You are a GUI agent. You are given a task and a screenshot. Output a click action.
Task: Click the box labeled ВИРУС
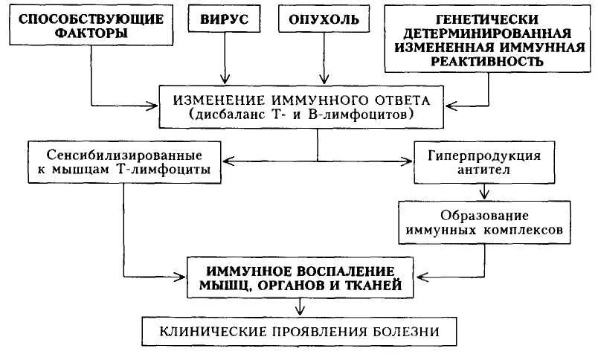pyautogui.click(x=225, y=19)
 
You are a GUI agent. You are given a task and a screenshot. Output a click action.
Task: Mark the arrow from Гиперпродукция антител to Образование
pyautogui.click(x=485, y=191)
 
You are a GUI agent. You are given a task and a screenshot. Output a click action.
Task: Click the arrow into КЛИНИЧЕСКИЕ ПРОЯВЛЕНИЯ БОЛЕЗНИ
pyautogui.click(x=299, y=306)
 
